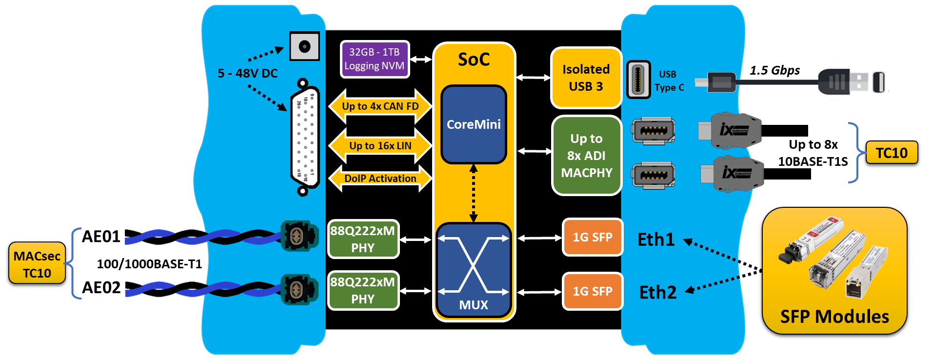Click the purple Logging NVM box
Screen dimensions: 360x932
tap(375, 59)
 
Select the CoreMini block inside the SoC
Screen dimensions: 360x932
tap(474, 124)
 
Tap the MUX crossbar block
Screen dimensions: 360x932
tap(473, 270)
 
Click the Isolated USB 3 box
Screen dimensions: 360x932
tap(586, 78)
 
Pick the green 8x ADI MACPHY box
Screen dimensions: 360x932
tap(586, 156)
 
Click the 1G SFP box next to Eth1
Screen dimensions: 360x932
tap(592, 238)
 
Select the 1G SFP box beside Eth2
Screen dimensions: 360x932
tap(592, 291)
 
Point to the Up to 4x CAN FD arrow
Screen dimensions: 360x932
tap(380, 106)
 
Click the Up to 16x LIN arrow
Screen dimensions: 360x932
tap(380, 146)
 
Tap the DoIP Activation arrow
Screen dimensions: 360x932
tap(380, 179)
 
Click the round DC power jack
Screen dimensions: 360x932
tap(304, 46)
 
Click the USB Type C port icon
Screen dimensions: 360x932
tap(638, 80)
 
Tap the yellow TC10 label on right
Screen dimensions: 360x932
tap(892, 153)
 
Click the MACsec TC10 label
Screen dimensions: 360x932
tap(37, 263)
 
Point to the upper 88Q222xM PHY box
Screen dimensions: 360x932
tap(363, 239)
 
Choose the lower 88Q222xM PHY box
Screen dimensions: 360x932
tap(363, 290)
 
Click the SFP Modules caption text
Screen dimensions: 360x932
tap(834, 317)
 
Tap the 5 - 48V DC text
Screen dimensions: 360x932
tap(247, 73)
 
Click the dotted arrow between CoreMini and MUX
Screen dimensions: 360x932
tap(473, 193)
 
